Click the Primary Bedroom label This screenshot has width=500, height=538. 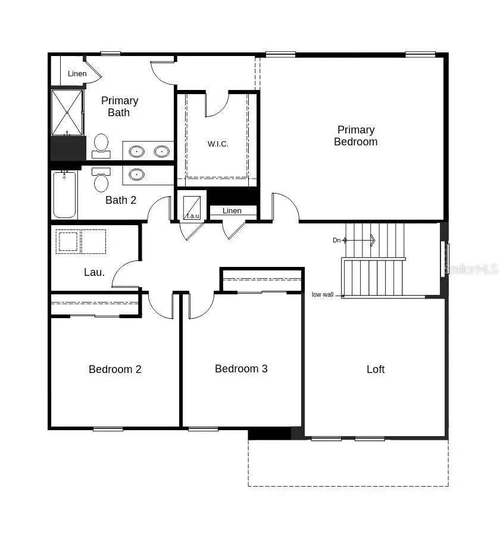[x=355, y=136]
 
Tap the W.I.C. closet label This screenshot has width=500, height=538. [x=218, y=144]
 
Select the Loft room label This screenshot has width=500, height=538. [x=376, y=369]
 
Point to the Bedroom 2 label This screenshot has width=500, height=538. [x=115, y=369]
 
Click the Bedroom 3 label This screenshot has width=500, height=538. [x=241, y=369]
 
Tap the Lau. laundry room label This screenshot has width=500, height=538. [x=94, y=272]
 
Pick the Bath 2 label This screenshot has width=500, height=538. [x=121, y=200]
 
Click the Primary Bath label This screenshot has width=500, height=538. [x=119, y=107]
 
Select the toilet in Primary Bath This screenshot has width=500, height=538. [x=101, y=145]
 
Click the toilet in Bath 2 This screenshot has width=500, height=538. [x=101, y=180]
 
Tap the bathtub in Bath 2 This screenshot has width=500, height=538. [x=64, y=194]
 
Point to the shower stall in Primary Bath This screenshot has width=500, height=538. [x=67, y=113]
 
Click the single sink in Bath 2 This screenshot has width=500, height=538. [x=137, y=175]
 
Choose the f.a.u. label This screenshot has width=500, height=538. [x=192, y=216]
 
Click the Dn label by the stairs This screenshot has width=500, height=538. [x=336, y=240]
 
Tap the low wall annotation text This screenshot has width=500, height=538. [x=323, y=294]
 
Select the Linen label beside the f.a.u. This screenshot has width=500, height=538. [x=232, y=211]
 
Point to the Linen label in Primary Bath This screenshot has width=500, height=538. [x=77, y=74]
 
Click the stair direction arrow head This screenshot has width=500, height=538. [x=373, y=240]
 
